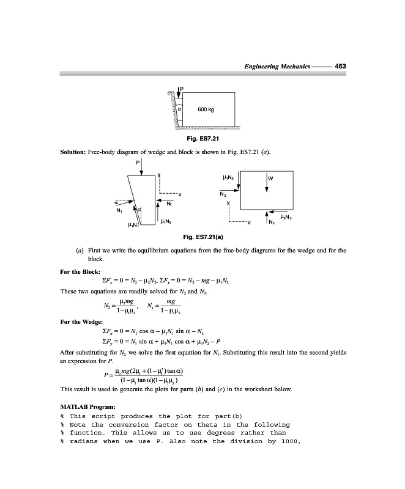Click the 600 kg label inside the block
click(x=206, y=110)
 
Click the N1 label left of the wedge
click(x=118, y=210)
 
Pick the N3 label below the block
click(x=271, y=223)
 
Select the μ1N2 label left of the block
click(x=225, y=177)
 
